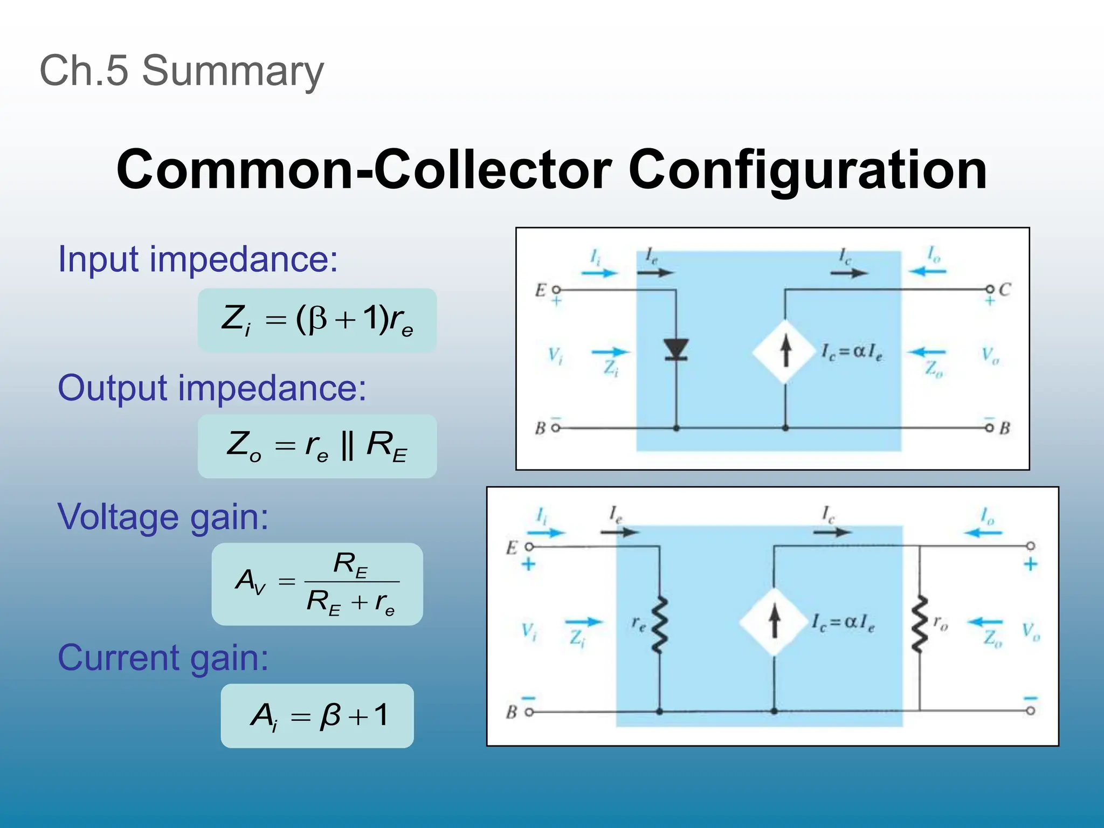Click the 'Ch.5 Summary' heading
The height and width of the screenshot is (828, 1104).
click(x=182, y=71)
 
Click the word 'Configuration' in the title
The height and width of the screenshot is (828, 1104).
click(x=807, y=170)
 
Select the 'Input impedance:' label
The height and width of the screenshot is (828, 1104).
click(x=198, y=259)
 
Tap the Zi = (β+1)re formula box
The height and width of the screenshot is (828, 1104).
click(x=317, y=320)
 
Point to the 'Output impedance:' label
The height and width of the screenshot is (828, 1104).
click(x=212, y=388)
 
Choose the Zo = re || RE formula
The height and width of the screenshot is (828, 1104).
click(x=317, y=446)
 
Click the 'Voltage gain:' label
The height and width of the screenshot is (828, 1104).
click(x=163, y=516)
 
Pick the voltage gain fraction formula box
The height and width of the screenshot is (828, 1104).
click(x=317, y=584)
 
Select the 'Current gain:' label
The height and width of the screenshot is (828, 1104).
click(x=163, y=658)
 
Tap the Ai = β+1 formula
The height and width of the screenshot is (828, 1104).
click(x=317, y=716)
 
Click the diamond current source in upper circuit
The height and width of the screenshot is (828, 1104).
click(x=785, y=351)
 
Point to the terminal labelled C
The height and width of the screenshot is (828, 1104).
click(x=990, y=289)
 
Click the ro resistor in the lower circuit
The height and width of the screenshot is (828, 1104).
click(x=919, y=624)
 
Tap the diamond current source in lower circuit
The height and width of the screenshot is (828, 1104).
click(x=774, y=622)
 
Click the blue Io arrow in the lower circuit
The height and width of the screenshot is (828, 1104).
click(x=982, y=533)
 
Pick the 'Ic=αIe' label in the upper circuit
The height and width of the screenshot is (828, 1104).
click(x=852, y=353)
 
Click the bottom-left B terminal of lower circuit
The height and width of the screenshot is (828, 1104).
click(x=529, y=712)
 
